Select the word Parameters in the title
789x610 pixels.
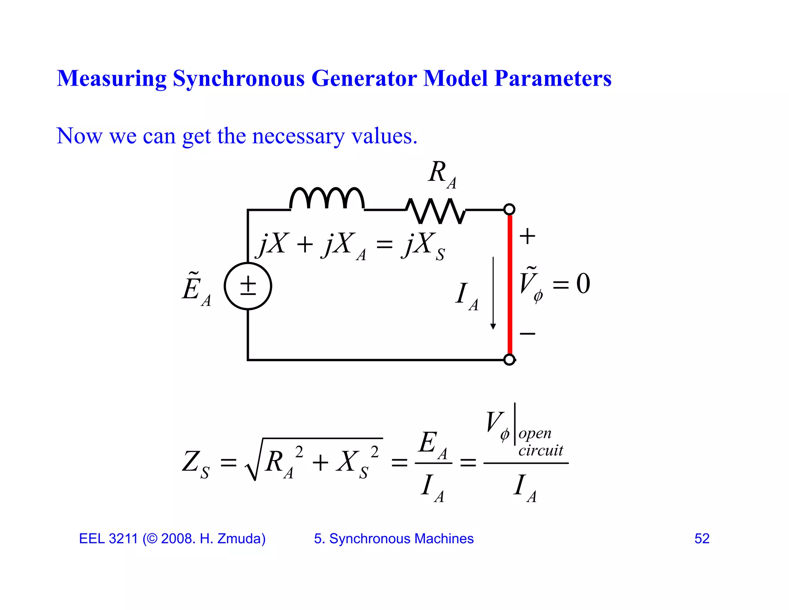click(x=553, y=78)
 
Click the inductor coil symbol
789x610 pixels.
click(x=327, y=199)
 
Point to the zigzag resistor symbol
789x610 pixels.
click(x=435, y=211)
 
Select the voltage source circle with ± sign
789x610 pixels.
click(x=248, y=286)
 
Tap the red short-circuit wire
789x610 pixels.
click(x=510, y=285)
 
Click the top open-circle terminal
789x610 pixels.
click(x=509, y=209)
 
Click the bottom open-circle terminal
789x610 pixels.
click(x=509, y=360)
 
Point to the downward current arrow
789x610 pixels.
click(x=493, y=293)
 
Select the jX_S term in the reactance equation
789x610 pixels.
click(x=423, y=246)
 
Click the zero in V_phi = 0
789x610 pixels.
click(x=583, y=284)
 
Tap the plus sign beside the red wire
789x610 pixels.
click(x=527, y=236)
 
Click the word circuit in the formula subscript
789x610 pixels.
click(x=541, y=450)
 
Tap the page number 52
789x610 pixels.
click(x=702, y=539)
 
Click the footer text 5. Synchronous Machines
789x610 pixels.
click(x=393, y=539)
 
